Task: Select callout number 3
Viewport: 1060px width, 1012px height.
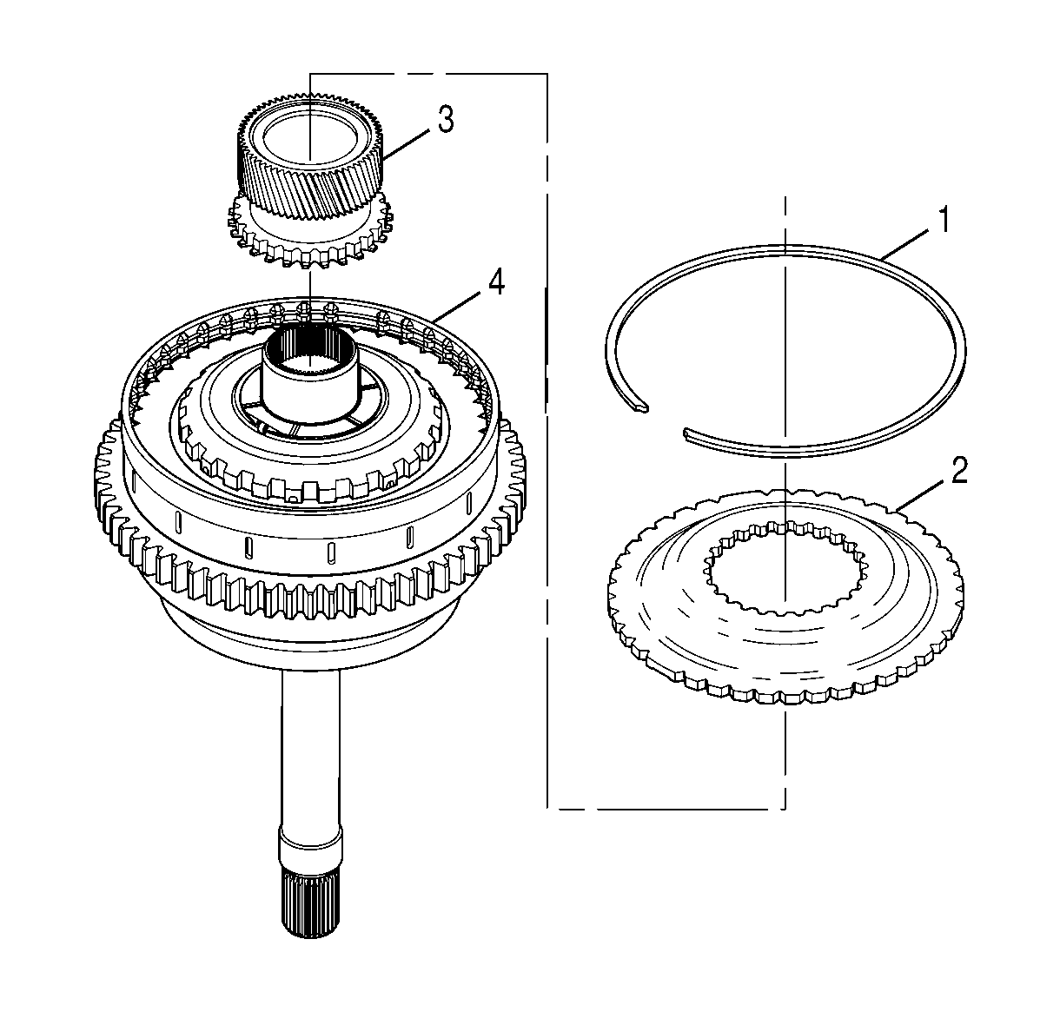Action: tap(445, 120)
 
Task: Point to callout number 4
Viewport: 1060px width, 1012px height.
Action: tap(494, 283)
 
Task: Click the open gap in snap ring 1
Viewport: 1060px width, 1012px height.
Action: tap(665, 420)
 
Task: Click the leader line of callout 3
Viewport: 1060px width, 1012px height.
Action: tap(407, 144)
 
